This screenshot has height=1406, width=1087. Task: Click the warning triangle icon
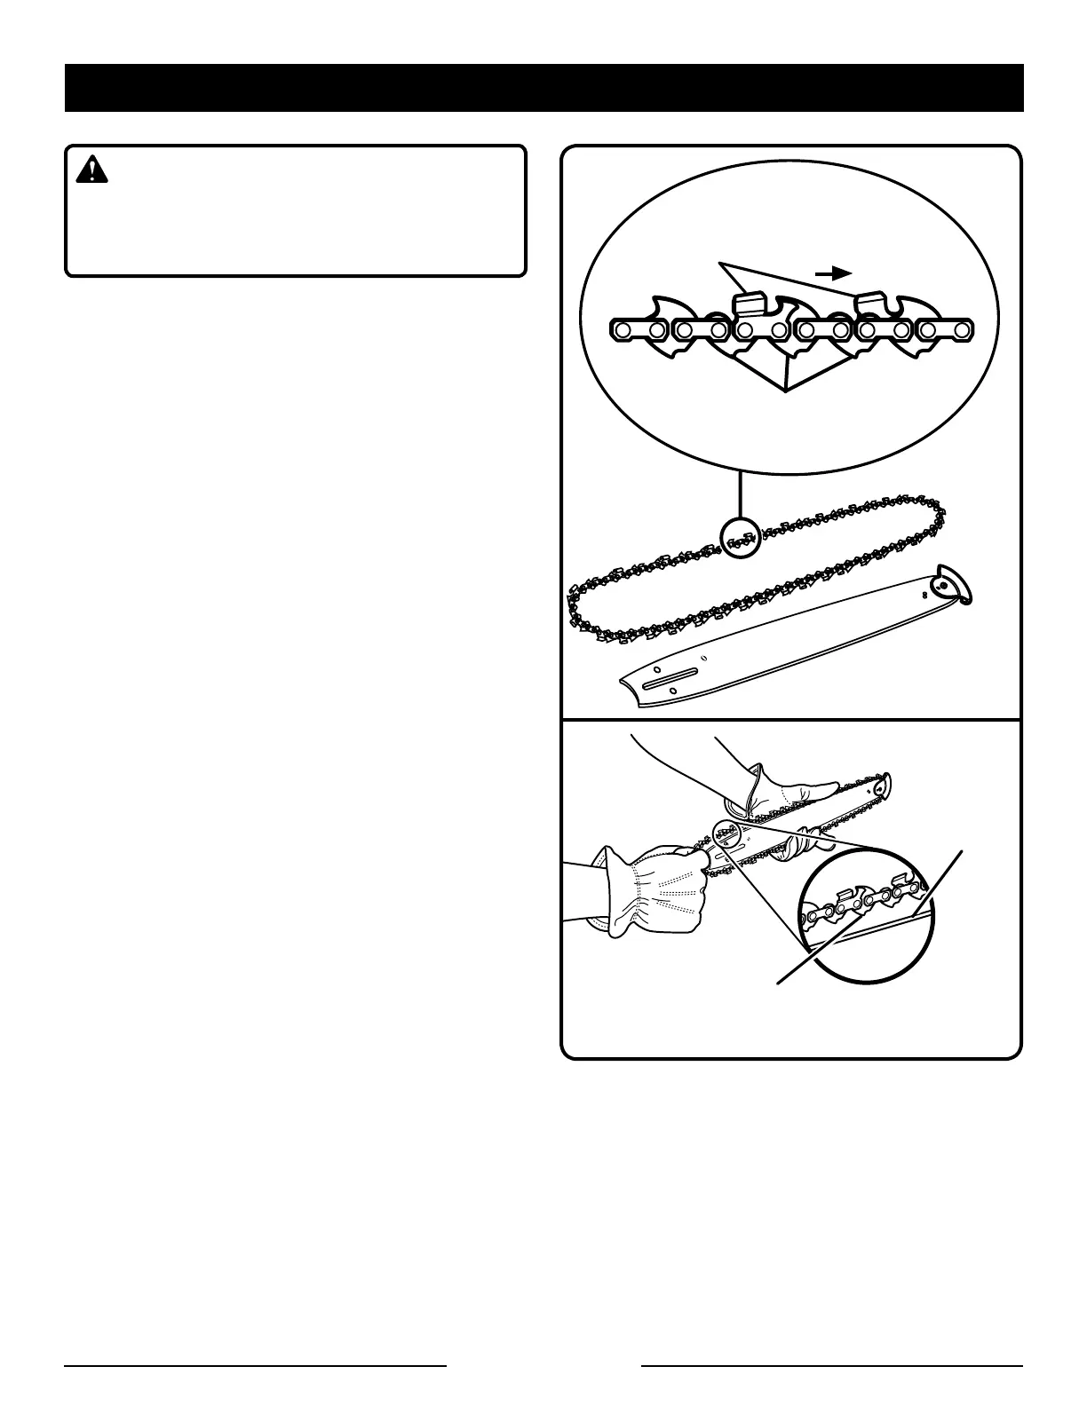(x=91, y=169)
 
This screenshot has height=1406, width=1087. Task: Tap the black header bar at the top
(x=543, y=87)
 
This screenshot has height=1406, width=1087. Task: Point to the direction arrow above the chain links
(x=834, y=273)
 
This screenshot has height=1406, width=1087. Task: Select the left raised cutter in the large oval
(x=750, y=302)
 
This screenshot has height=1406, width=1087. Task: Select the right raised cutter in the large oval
(x=872, y=302)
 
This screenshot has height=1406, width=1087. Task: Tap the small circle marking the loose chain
(x=741, y=537)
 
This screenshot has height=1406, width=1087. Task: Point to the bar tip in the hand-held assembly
(x=884, y=786)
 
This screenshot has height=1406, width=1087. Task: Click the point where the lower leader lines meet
(x=787, y=389)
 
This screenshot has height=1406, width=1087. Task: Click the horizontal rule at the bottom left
(x=255, y=1365)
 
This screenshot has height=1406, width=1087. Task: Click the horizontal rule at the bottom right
(x=832, y=1365)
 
